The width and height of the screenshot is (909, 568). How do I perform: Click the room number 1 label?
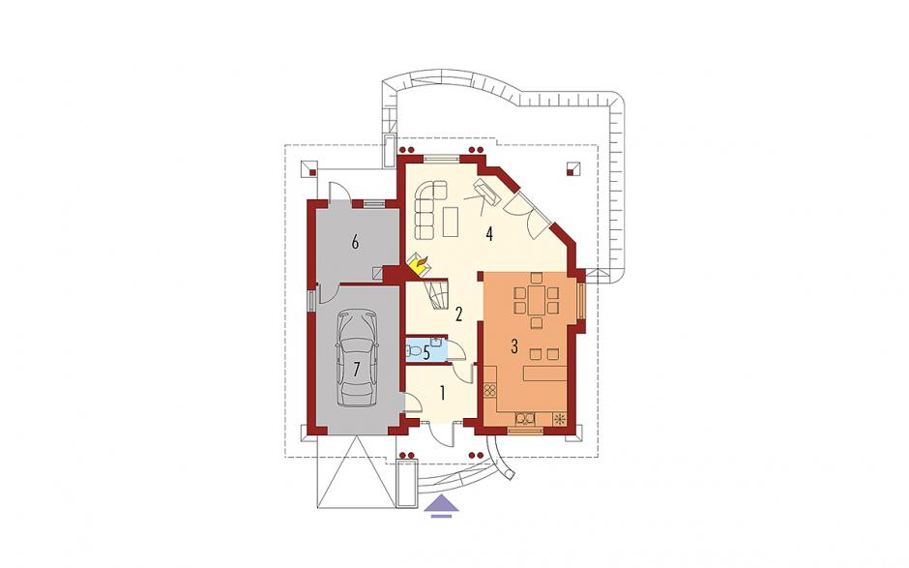click(442, 394)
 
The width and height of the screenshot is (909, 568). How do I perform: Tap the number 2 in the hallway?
click(458, 314)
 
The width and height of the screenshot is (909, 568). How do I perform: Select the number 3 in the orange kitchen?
click(513, 346)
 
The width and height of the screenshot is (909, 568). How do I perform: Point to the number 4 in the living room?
click(490, 234)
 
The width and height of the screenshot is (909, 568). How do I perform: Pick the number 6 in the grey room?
click(355, 241)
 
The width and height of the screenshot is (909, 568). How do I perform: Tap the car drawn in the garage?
click(357, 359)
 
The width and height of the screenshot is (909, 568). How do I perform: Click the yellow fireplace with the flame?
click(419, 265)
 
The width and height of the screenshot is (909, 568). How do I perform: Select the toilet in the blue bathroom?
click(414, 351)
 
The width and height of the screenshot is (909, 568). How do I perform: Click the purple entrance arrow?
click(441, 505)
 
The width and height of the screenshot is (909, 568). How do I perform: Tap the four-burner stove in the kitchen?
click(490, 390)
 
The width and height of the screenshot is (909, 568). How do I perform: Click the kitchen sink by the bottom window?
click(526, 418)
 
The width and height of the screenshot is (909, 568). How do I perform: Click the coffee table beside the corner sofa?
click(451, 222)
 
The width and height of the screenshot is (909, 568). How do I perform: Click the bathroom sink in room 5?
click(438, 344)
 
